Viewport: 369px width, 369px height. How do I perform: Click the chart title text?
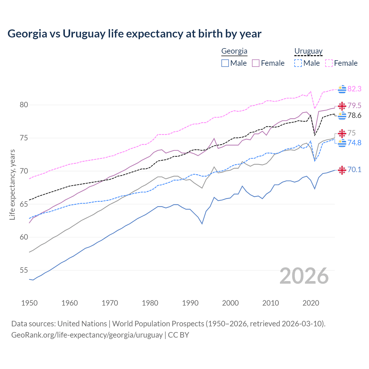coord(134,34)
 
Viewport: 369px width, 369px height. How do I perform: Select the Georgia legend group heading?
coord(234,51)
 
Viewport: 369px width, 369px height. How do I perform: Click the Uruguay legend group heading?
coord(308,51)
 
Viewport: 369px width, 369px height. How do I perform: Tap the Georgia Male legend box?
coord(225,63)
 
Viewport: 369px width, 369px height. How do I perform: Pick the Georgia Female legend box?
coord(256,63)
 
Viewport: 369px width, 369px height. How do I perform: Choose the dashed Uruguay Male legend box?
coord(298,63)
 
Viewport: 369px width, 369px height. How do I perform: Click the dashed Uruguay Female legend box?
coord(329,63)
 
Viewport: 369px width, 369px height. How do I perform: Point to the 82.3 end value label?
coord(354,89)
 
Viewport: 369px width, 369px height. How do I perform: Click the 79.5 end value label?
coord(354,106)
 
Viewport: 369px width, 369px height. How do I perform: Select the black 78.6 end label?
coord(354,116)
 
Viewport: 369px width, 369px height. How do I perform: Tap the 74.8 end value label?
coord(354,143)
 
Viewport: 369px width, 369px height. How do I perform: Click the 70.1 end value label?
coord(354,170)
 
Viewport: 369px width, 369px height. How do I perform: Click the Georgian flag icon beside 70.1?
coord(342,170)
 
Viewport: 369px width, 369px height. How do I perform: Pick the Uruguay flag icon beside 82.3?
coord(342,89)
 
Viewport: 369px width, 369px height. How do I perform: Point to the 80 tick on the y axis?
coord(24,105)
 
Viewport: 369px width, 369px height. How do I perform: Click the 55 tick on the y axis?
coord(24,270)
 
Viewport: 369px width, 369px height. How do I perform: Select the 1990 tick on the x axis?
coord(190,303)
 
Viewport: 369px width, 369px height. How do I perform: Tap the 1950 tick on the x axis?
coord(29,303)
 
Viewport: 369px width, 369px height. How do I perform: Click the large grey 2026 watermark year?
coord(304,276)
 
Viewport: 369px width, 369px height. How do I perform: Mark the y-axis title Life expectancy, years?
coord(12,184)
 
